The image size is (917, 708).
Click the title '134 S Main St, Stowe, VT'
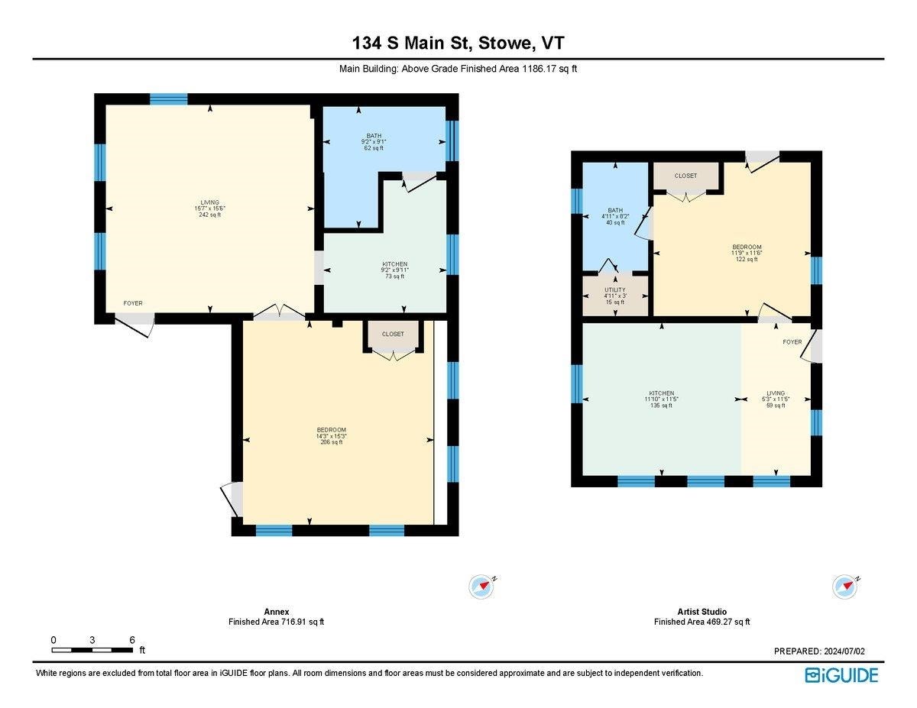[x=458, y=43]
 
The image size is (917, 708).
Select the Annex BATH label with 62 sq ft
[x=373, y=141]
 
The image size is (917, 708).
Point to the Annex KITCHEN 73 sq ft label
[x=394, y=270]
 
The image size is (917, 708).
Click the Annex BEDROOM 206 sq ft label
[x=332, y=435]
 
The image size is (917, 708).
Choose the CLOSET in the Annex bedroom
[x=393, y=334]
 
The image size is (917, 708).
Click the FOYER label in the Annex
[x=133, y=303]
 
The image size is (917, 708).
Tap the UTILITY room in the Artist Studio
[x=615, y=296]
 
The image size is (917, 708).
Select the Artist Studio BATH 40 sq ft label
[x=615, y=216]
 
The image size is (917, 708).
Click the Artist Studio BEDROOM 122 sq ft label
[x=747, y=253]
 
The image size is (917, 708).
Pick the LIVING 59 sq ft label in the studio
[x=776, y=399]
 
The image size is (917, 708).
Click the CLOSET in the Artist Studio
[x=685, y=176]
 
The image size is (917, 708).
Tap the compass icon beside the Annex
[x=481, y=587]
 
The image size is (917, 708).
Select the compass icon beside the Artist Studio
[x=844, y=587]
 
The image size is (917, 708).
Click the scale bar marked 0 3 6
[x=92, y=649]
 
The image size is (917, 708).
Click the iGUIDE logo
[x=841, y=674]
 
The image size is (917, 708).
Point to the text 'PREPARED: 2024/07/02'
[x=819, y=651]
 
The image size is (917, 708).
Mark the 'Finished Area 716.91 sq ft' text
[x=276, y=622]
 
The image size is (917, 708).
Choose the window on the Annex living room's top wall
[x=168, y=99]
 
